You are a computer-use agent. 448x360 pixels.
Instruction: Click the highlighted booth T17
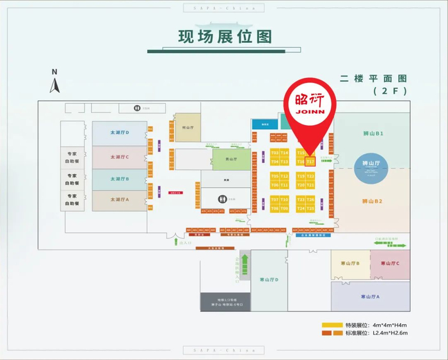click(x=310, y=162)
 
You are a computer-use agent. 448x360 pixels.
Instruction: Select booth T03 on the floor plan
click(x=275, y=153)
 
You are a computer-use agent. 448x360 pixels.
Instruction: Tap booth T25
click(x=310, y=208)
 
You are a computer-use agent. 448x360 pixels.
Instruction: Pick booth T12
click(x=284, y=176)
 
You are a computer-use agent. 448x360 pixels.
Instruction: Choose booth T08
click(x=275, y=208)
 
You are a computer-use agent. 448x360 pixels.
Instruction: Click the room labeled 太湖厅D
click(x=119, y=133)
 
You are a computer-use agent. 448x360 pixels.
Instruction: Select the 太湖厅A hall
click(x=119, y=200)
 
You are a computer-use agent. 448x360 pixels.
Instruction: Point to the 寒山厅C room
click(x=390, y=264)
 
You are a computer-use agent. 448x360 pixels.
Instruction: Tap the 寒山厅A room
click(x=371, y=297)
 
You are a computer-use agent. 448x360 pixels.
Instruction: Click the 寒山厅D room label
click(x=269, y=280)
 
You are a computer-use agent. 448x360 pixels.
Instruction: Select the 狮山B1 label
click(x=372, y=134)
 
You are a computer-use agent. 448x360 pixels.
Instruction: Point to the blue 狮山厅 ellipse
click(x=372, y=164)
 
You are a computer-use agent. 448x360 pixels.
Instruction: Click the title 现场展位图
click(x=224, y=36)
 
